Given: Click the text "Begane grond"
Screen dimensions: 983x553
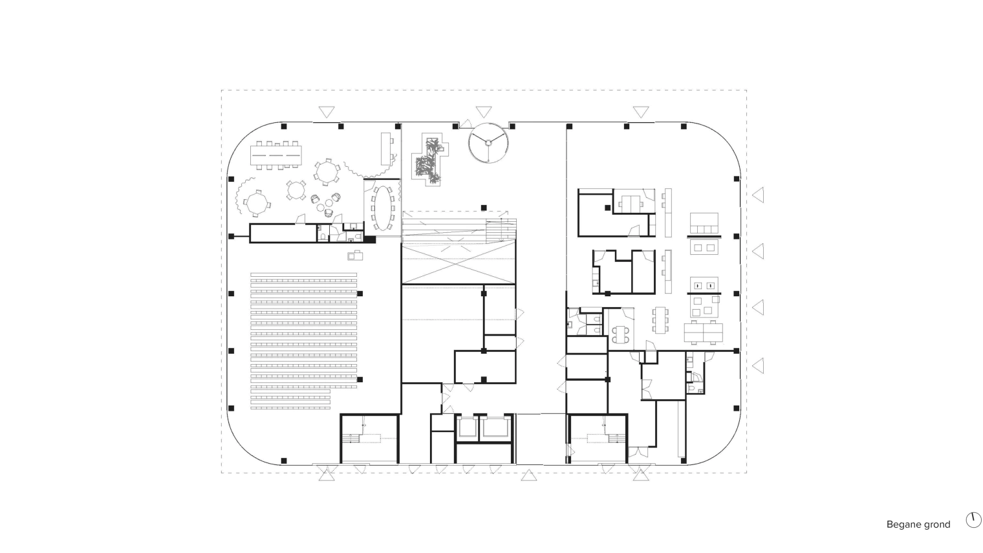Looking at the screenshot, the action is click(x=918, y=525).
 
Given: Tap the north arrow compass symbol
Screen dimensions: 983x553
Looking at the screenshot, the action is click(x=973, y=520).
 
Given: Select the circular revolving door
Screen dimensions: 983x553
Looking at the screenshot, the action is click(x=488, y=143).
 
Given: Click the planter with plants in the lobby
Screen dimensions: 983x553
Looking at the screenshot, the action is click(x=429, y=160).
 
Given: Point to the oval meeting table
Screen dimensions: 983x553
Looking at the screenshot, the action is click(x=383, y=208).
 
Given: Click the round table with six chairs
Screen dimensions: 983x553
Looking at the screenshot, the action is click(x=326, y=172).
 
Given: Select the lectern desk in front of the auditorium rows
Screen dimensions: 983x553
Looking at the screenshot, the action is click(x=355, y=255).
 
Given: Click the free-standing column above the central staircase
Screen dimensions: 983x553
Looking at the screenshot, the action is click(x=484, y=208).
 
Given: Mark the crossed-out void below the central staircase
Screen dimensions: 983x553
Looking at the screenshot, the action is click(x=458, y=263).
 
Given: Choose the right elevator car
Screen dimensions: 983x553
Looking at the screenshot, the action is click(x=495, y=428).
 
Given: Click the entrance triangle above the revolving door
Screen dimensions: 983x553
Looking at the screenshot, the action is click(x=484, y=112).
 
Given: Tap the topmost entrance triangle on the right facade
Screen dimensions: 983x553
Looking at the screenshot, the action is click(x=758, y=195).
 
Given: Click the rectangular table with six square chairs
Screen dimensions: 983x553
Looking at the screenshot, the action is click(x=660, y=320).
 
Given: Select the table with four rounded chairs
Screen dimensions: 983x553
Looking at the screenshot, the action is click(x=620, y=335).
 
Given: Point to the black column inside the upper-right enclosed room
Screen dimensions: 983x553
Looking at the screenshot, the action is click(x=607, y=208).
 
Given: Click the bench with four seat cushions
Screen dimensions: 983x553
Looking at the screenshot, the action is click(x=704, y=223).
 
